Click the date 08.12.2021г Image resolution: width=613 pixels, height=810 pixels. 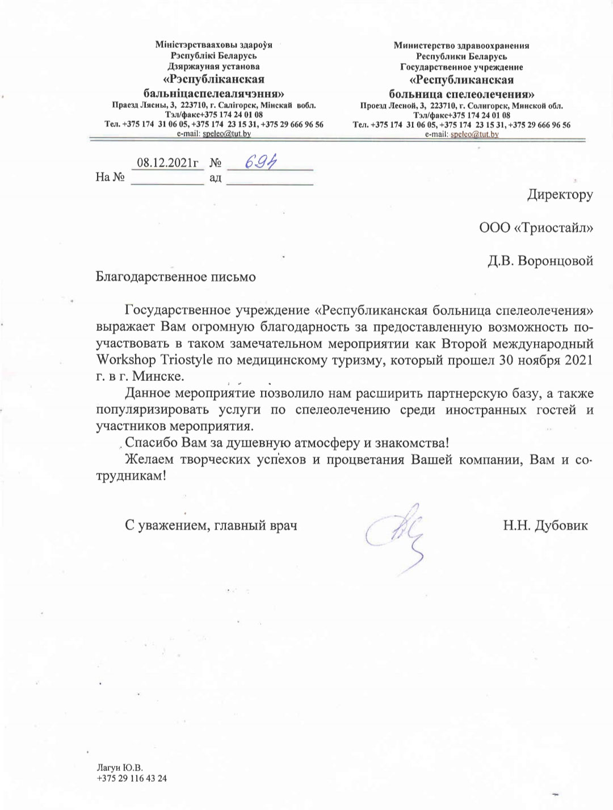coord(167,162)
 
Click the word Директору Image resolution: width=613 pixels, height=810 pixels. coord(560,195)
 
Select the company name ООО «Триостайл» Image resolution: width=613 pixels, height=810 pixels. coord(536,228)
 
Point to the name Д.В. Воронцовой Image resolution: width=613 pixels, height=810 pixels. coord(540,261)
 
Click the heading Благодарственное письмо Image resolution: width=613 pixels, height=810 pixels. coord(176,277)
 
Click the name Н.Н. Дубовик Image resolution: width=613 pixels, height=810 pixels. coord(545,525)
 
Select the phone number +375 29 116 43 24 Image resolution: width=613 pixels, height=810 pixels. coord(132,778)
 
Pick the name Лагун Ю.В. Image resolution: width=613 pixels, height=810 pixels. coord(120,768)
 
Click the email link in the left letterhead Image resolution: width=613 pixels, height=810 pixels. coord(226,133)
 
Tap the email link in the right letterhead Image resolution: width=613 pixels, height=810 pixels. coord(473,134)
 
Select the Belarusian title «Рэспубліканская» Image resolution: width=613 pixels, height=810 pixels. coord(213,79)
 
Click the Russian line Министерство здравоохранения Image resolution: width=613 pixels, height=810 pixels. coord(461,45)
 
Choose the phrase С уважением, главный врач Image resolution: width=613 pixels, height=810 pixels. coord(211,525)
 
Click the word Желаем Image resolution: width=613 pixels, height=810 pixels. coord(149,459)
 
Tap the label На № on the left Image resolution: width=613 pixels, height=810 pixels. coord(110,177)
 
